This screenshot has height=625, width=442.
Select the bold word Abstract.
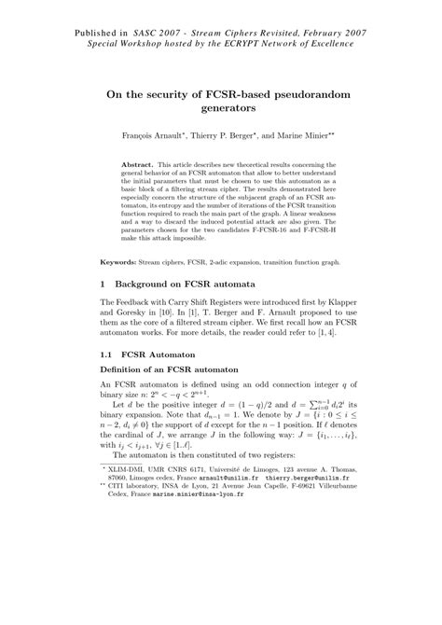(x=140, y=163)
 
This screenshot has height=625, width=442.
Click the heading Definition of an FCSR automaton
(x=174, y=400)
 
